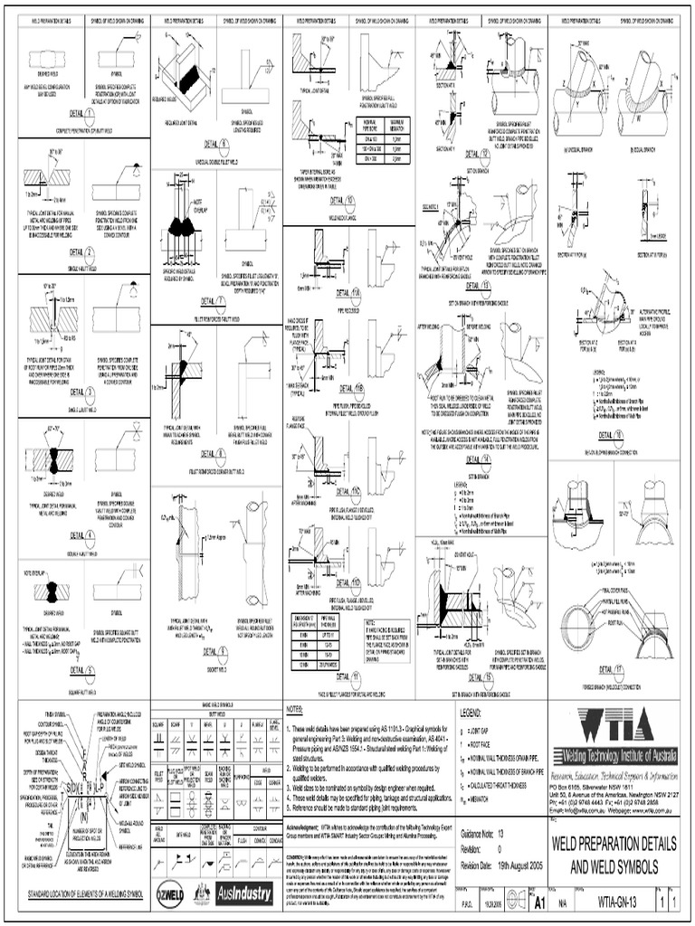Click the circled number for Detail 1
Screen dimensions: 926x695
90,115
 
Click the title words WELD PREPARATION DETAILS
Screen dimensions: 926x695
621,843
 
